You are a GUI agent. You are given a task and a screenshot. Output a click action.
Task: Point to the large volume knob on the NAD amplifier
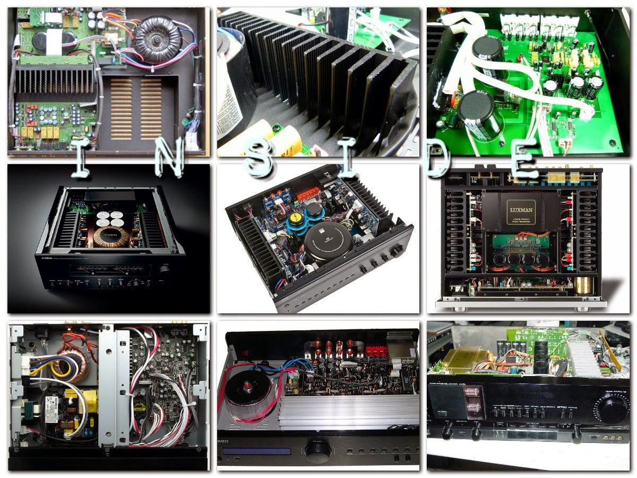tap(397, 250)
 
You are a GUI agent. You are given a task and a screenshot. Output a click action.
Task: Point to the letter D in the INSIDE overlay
tap(438, 160)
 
